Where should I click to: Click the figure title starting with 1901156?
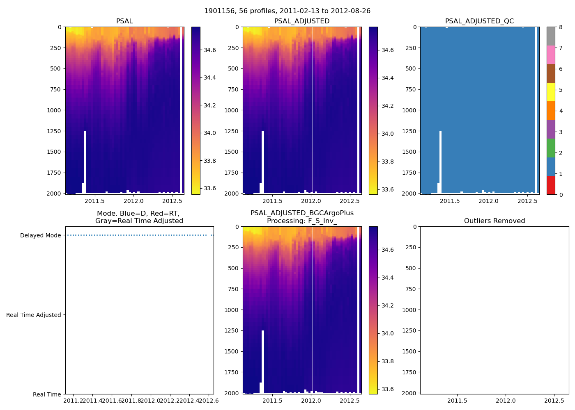click(x=287, y=11)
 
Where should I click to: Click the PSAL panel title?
click(x=124, y=21)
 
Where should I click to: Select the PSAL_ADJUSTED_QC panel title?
click(x=479, y=21)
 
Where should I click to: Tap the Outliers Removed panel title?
click(x=494, y=221)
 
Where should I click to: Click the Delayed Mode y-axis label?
click(x=40, y=235)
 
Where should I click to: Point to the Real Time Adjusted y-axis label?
click(x=34, y=315)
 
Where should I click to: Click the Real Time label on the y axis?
click(x=47, y=394)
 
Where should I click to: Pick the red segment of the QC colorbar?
click(x=551, y=185)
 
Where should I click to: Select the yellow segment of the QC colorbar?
click(x=551, y=92)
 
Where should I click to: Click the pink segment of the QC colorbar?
click(x=551, y=55)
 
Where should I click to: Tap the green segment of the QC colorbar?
click(x=551, y=148)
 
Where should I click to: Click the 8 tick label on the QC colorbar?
click(x=561, y=27)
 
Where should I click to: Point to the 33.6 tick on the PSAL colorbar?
click(x=210, y=188)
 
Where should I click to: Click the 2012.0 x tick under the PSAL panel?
click(x=133, y=201)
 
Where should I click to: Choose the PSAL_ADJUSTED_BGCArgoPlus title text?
click(x=302, y=213)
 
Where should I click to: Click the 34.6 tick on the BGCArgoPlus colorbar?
click(x=387, y=250)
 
